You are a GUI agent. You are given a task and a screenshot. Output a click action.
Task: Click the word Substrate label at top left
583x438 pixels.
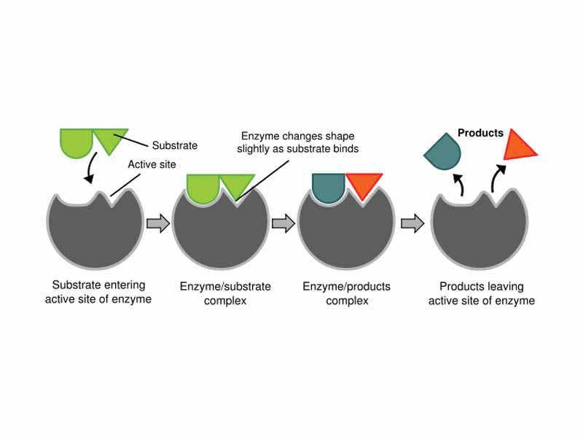[173, 145]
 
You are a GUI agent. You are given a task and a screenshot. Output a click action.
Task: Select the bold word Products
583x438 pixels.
[480, 133]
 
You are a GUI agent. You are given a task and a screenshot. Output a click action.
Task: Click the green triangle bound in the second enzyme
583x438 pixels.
[237, 185]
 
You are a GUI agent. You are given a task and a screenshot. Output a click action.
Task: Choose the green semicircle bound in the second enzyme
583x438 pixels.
[203, 186]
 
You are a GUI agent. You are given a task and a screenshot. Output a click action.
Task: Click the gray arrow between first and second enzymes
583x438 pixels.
[157, 223]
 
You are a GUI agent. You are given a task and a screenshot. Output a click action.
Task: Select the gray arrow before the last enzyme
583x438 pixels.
[412, 223]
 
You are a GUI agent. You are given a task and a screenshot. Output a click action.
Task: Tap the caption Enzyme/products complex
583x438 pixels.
[346, 293]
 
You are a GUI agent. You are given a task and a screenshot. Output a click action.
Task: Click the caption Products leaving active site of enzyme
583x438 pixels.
[481, 293]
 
